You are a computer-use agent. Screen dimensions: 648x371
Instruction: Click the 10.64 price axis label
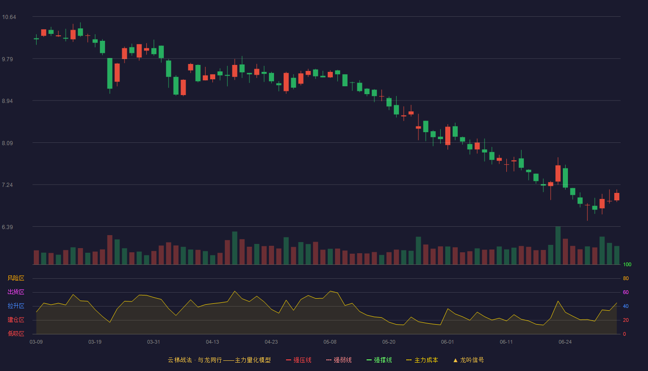coord(9,17)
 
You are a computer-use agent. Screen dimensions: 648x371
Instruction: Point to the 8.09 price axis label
coord(7,143)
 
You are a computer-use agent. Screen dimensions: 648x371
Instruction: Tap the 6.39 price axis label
coord(7,227)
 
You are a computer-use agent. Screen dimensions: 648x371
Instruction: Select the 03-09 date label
coord(36,342)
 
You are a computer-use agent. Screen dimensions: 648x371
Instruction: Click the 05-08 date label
coord(330,342)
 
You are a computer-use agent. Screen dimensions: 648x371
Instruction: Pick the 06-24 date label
coord(565,342)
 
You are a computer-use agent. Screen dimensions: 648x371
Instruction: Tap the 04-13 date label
coord(212,342)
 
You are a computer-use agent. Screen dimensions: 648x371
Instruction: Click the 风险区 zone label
coord(16,278)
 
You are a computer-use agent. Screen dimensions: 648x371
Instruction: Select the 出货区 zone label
coord(16,292)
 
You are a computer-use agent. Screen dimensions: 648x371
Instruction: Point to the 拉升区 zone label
coord(16,306)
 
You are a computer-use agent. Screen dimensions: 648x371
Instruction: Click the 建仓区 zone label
coord(16,320)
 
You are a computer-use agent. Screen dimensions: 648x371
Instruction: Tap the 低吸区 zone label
coord(16,333)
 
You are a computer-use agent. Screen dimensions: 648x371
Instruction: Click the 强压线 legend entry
coord(299,360)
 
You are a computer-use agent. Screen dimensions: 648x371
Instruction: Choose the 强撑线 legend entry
coord(379,360)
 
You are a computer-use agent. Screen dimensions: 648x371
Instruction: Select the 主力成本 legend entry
coord(422,360)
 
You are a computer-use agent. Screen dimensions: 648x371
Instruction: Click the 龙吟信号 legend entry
coord(468,360)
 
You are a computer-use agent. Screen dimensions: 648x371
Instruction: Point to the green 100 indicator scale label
coord(627,264)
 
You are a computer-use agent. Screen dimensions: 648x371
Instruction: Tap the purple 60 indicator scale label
coord(626,292)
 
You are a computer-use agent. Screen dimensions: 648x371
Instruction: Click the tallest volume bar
coord(558,245)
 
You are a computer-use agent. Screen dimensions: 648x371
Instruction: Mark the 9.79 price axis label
coord(7,59)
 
